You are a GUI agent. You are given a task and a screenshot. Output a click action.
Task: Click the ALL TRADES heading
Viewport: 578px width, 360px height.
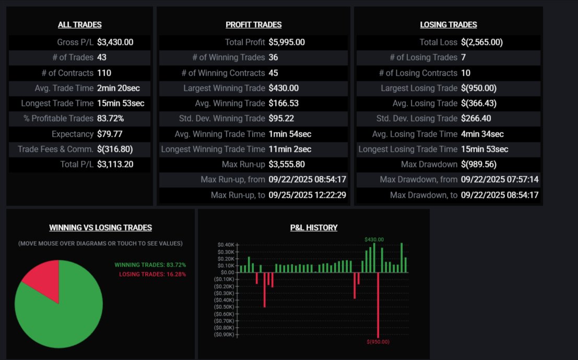[x=79, y=25]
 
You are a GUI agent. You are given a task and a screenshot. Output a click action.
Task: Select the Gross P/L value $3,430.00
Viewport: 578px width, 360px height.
[x=115, y=42]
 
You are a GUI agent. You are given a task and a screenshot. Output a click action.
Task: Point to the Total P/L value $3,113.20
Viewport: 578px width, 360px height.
[x=115, y=164]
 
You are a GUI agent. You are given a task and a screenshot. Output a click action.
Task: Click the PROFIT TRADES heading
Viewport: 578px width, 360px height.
[x=253, y=25]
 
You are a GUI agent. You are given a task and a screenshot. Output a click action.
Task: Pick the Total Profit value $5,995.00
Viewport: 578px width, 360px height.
[x=287, y=42]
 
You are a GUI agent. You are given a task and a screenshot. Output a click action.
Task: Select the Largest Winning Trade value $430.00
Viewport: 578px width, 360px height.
[x=284, y=88]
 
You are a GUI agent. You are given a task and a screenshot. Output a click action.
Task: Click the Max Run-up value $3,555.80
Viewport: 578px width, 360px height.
[x=287, y=164]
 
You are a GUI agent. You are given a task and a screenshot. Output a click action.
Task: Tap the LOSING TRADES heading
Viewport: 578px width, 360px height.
[x=448, y=25]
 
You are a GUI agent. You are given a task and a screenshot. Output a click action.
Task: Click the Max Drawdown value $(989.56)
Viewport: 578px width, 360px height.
[x=479, y=164]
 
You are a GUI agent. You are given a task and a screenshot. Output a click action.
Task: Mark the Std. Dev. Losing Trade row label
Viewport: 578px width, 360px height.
[x=417, y=118]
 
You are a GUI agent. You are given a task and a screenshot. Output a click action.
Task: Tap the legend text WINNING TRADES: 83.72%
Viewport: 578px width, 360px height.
[x=150, y=265]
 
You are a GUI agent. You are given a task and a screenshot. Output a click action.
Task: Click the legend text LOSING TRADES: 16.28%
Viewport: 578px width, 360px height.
[x=152, y=274]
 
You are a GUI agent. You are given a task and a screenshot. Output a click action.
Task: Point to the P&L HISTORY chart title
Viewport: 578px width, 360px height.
[x=313, y=227]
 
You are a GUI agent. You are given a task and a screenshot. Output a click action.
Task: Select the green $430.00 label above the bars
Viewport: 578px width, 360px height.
[x=374, y=239]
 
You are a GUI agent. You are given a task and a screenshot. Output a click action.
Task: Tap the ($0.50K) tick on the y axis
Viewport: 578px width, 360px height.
[x=225, y=307]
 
